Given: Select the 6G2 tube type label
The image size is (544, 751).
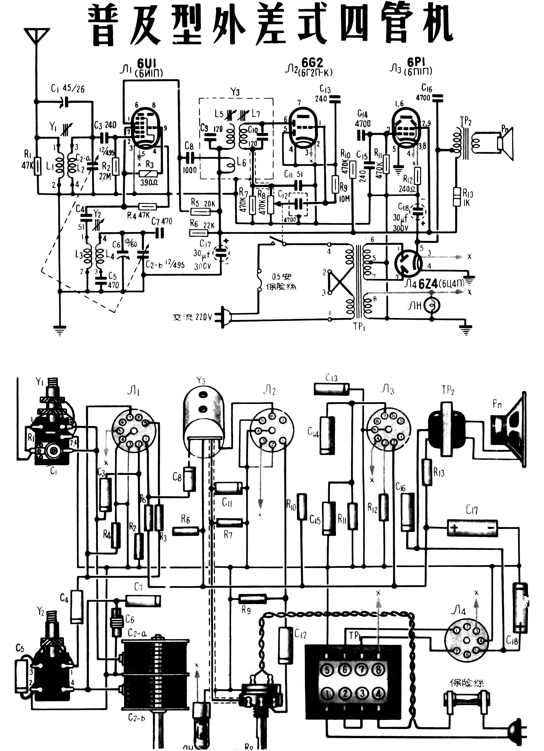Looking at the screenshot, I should tap(312, 62).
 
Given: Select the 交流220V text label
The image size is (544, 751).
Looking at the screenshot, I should tap(192, 317).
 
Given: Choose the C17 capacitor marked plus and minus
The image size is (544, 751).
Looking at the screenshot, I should tap(472, 528).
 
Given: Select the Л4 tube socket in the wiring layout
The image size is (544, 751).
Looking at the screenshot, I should tap(466, 641).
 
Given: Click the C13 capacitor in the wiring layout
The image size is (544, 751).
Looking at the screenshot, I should tap(331, 389).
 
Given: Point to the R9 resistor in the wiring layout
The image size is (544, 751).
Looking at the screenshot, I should tap(252, 598).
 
